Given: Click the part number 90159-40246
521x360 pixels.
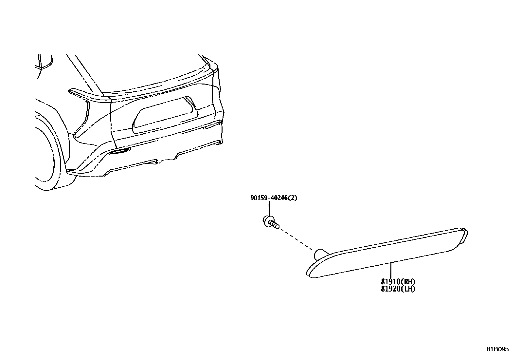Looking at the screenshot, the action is (269, 198).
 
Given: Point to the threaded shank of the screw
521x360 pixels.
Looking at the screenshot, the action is (275, 224).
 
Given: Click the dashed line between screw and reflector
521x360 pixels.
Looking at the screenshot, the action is (296, 238).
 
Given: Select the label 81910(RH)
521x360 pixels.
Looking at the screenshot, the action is (398, 282).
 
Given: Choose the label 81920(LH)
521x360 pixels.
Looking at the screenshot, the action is (398, 289).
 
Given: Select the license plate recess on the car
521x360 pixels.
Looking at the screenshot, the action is (165, 115).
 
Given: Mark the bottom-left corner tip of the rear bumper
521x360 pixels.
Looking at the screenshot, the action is (68, 171).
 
